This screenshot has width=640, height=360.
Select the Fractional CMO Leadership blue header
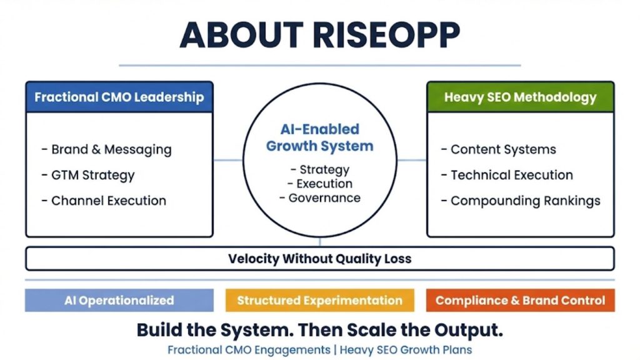pos(119,97)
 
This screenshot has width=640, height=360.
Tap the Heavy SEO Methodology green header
pos(520,97)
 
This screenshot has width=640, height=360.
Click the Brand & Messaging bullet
pos(106,150)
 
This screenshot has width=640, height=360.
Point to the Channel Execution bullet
pos(104,201)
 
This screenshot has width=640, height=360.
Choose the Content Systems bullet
pos(498,150)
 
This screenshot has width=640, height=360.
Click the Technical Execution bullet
pos(507,176)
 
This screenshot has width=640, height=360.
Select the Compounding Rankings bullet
pos(521,201)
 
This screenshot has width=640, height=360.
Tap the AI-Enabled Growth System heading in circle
pos(319,138)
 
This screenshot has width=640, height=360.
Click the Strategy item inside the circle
pos(320,170)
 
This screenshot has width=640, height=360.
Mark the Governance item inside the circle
pos(320,198)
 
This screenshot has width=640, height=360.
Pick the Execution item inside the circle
pos(320,184)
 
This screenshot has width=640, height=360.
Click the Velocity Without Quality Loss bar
pos(319,259)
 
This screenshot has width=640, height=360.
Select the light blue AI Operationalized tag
pos(119,300)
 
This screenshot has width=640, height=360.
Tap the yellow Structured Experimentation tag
pos(319,300)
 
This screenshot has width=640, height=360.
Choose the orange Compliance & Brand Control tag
pos(520,300)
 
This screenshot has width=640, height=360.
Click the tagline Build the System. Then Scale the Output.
pos(319,329)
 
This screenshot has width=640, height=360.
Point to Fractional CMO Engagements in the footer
pos(249,350)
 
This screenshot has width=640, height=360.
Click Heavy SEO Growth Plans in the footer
pos(406,350)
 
